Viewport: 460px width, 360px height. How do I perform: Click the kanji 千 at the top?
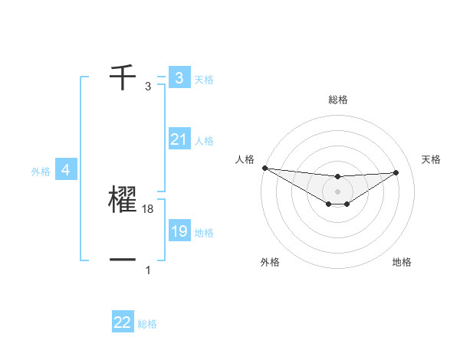click(123, 77)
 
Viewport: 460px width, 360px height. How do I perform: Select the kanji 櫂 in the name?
click(123, 200)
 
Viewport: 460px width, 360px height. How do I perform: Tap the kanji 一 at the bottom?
click(123, 260)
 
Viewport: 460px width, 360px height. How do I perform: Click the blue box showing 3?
click(179, 77)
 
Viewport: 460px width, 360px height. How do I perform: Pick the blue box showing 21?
click(179, 139)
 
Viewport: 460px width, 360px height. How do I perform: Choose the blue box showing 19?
click(179, 231)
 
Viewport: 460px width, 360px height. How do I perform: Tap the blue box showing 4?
click(66, 170)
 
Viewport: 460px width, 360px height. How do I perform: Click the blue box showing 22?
click(123, 322)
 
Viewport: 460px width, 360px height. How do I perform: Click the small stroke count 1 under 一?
click(148, 270)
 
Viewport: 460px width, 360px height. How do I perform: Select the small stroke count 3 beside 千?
click(148, 87)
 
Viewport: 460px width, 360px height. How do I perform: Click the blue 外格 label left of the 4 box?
click(41, 172)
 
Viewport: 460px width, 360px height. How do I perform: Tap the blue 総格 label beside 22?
click(147, 324)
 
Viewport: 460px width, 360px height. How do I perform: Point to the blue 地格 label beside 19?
click(204, 232)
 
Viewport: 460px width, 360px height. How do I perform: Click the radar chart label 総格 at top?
click(338, 100)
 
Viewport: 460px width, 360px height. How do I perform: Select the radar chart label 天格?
click(432, 159)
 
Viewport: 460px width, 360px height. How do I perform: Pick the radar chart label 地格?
click(402, 262)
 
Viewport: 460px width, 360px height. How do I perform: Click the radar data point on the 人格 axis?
click(264, 168)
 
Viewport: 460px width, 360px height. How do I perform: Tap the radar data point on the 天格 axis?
click(396, 172)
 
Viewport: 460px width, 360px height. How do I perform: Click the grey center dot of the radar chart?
click(338, 191)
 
